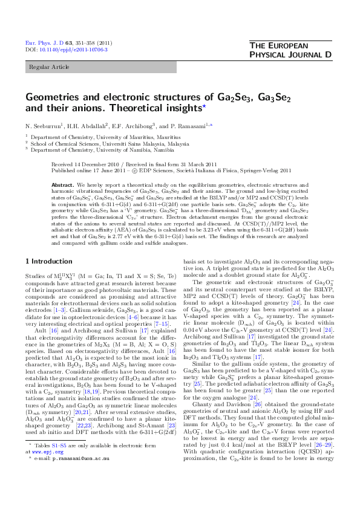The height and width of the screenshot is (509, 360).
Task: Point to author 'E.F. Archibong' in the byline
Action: pyautogui.click(x=136, y=125)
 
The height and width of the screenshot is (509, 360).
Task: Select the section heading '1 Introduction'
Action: pyautogui.click(x=47, y=261)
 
